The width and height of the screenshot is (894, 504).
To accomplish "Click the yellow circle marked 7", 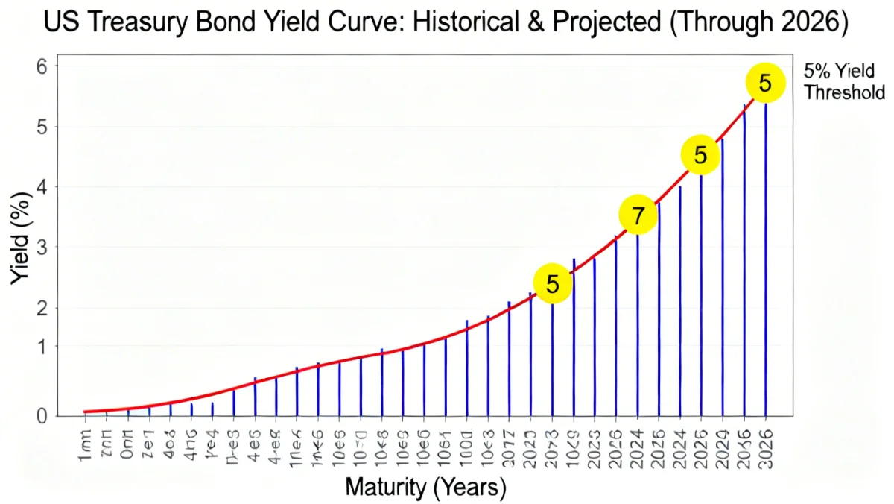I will pos(638,215).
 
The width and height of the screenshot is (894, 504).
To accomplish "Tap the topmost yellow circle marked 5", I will pos(765,84).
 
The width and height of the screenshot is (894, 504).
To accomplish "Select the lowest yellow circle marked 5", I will pos(552,283).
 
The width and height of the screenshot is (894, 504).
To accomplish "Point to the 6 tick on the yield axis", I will pos(42,66).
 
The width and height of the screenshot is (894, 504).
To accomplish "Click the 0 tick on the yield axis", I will pos(42,415).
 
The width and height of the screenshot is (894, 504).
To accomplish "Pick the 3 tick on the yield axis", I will pos(42,247).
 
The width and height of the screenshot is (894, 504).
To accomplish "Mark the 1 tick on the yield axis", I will pos(42,347).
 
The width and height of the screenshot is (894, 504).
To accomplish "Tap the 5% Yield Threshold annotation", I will pos(844,82).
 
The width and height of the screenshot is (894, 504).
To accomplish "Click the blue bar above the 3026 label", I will pos(765,261).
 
